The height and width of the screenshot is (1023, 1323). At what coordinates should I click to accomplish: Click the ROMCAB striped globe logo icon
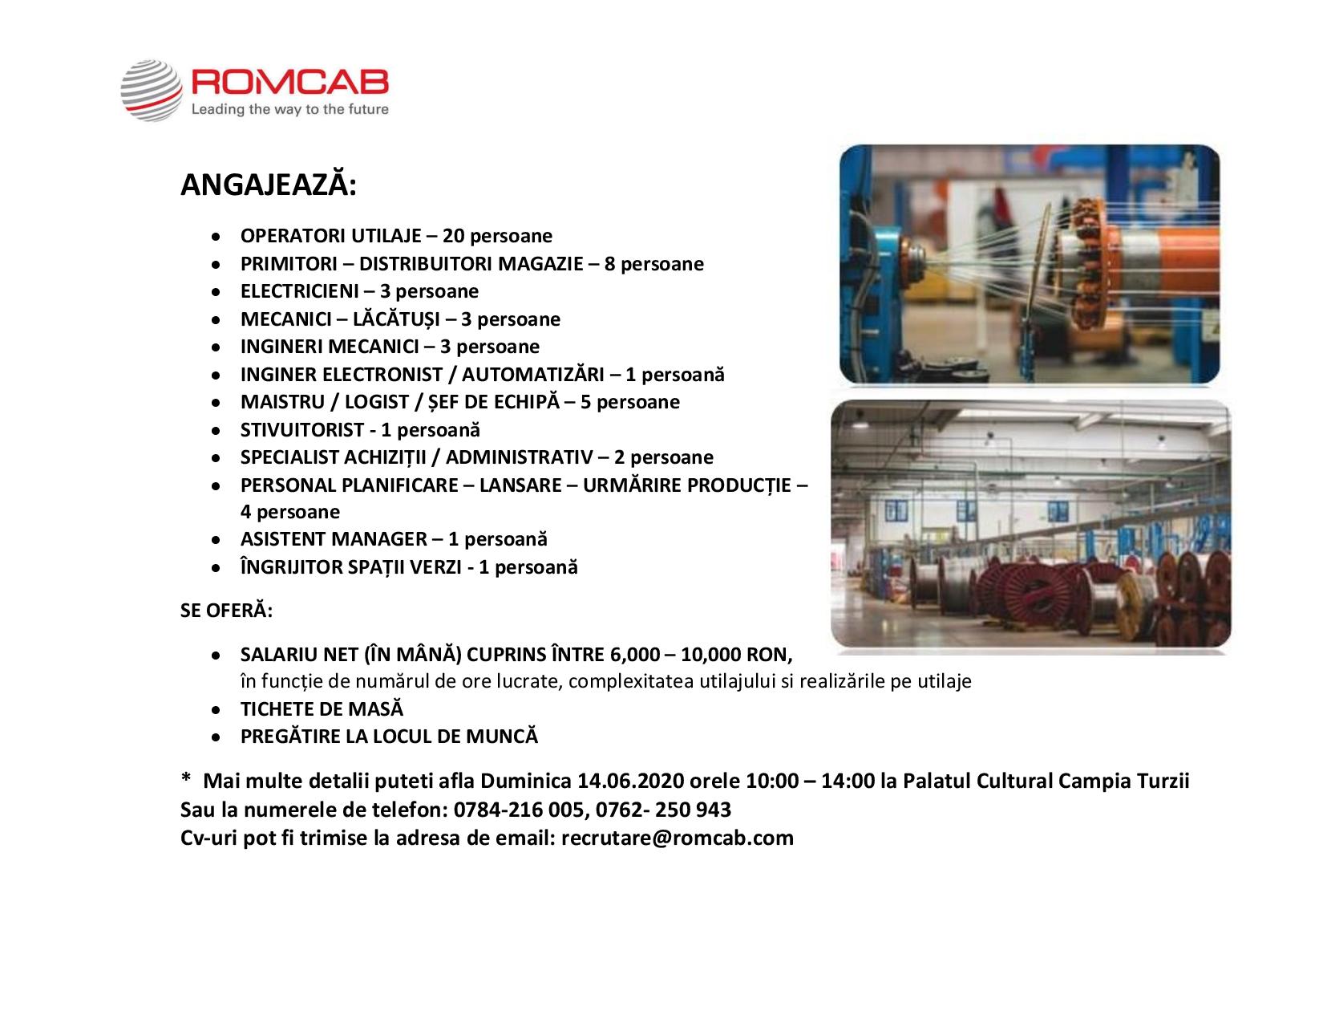click(151, 90)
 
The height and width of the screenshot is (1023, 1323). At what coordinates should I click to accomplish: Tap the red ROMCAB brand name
click(289, 83)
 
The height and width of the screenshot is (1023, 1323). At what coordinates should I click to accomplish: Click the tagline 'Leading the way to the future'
click(289, 109)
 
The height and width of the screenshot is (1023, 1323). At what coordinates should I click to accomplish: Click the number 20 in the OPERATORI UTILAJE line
click(453, 235)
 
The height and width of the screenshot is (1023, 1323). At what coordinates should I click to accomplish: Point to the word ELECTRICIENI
click(300, 290)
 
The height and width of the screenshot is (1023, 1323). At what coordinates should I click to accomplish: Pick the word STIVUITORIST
click(302, 429)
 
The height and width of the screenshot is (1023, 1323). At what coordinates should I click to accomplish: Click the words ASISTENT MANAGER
click(334, 538)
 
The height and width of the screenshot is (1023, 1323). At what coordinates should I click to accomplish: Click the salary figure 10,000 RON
click(735, 655)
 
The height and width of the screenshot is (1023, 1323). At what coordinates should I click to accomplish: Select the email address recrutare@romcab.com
click(677, 838)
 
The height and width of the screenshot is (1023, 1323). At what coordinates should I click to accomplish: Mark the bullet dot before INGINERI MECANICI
click(216, 348)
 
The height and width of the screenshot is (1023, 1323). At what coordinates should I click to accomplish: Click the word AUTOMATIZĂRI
click(532, 374)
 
